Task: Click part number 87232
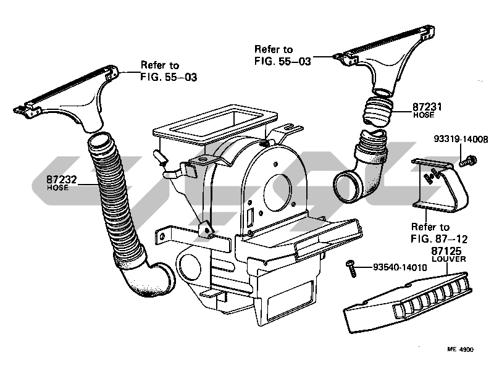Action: pyautogui.click(x=62, y=180)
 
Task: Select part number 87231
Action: pyautogui.click(x=427, y=107)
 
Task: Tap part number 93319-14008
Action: pyautogui.click(x=461, y=139)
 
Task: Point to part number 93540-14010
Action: pyautogui.click(x=400, y=267)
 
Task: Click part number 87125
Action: pyautogui.click(x=446, y=251)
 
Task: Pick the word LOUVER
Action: pyautogui.click(x=449, y=259)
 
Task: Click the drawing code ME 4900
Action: pyautogui.click(x=460, y=349)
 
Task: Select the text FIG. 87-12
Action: pyautogui.click(x=439, y=239)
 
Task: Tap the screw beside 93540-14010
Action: pyautogui.click(x=351, y=269)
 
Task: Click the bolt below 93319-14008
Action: pyautogui.click(x=468, y=161)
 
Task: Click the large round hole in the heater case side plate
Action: pyautogui.click(x=277, y=193)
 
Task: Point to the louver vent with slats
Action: pyautogui.click(x=408, y=303)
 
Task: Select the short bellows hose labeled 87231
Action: pyautogui.click(x=378, y=112)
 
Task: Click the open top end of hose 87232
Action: pyautogui.click(x=100, y=140)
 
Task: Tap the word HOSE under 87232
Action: pyautogui.click(x=57, y=188)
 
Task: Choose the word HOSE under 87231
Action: pyautogui.click(x=424, y=115)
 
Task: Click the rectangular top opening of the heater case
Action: pyautogui.click(x=216, y=121)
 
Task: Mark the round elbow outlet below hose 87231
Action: pyautogui.click(x=346, y=186)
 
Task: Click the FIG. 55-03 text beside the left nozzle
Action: pyautogui.click(x=169, y=77)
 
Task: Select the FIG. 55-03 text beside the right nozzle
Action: pyautogui.click(x=283, y=61)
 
